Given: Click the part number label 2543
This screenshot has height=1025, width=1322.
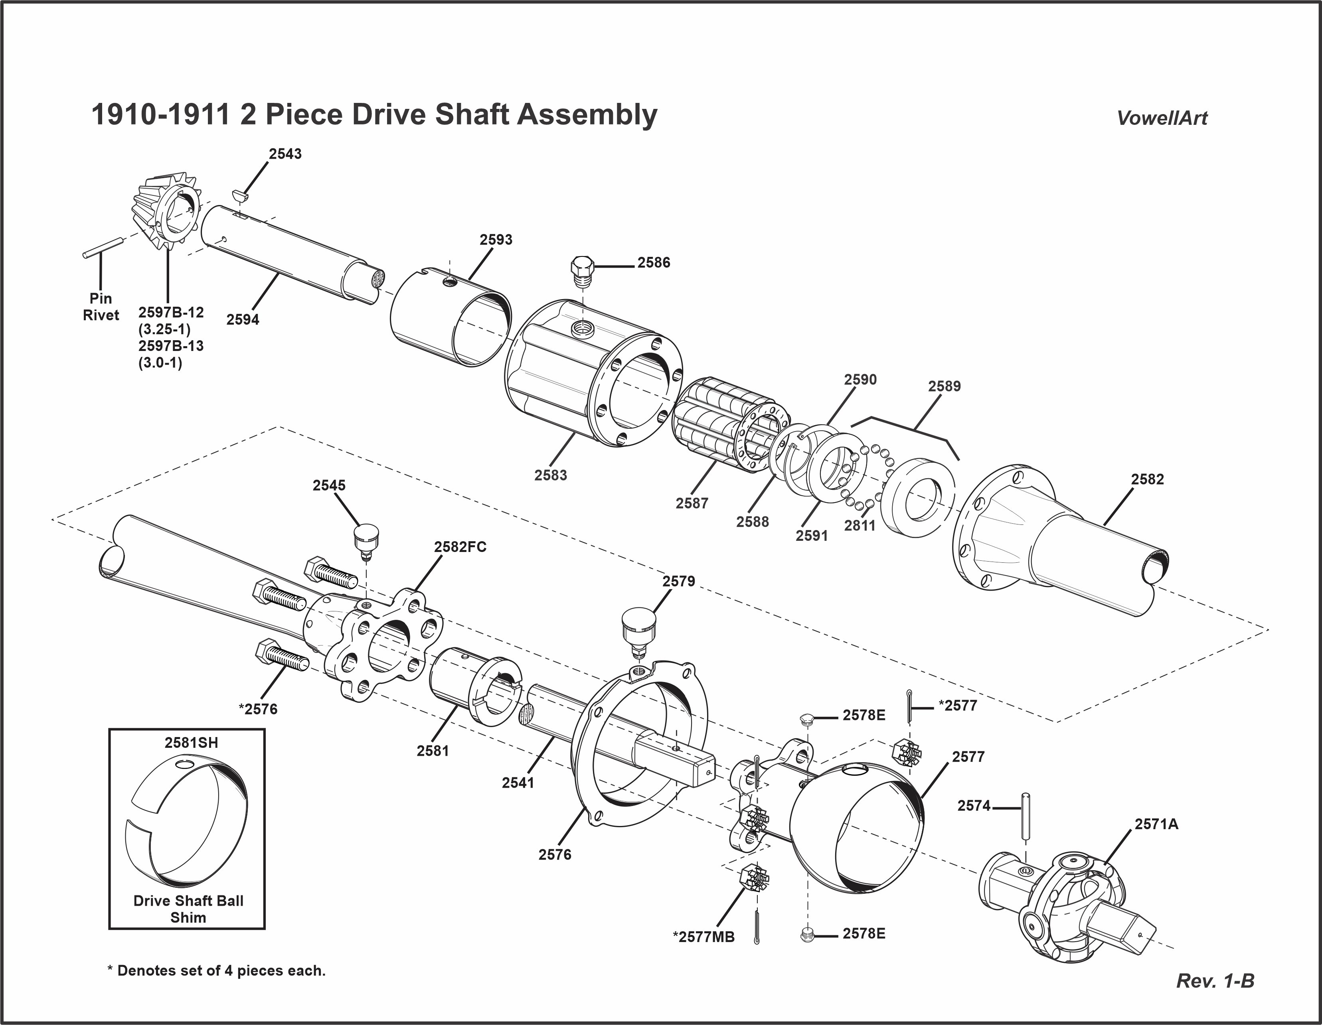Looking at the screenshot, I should click(285, 154).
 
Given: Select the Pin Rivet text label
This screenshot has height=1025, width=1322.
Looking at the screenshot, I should click(101, 307).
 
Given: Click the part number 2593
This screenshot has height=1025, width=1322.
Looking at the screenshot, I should click(496, 240).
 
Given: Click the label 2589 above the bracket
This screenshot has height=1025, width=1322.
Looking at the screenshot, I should click(944, 386).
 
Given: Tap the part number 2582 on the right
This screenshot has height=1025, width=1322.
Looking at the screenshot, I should click(1147, 479).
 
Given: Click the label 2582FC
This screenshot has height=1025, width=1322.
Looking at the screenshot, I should click(460, 546).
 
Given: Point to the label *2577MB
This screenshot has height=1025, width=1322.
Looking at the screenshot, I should click(703, 937).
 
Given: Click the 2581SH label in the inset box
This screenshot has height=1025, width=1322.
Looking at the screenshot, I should click(191, 743).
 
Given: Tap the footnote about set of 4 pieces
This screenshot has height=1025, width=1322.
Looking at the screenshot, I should click(217, 970).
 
